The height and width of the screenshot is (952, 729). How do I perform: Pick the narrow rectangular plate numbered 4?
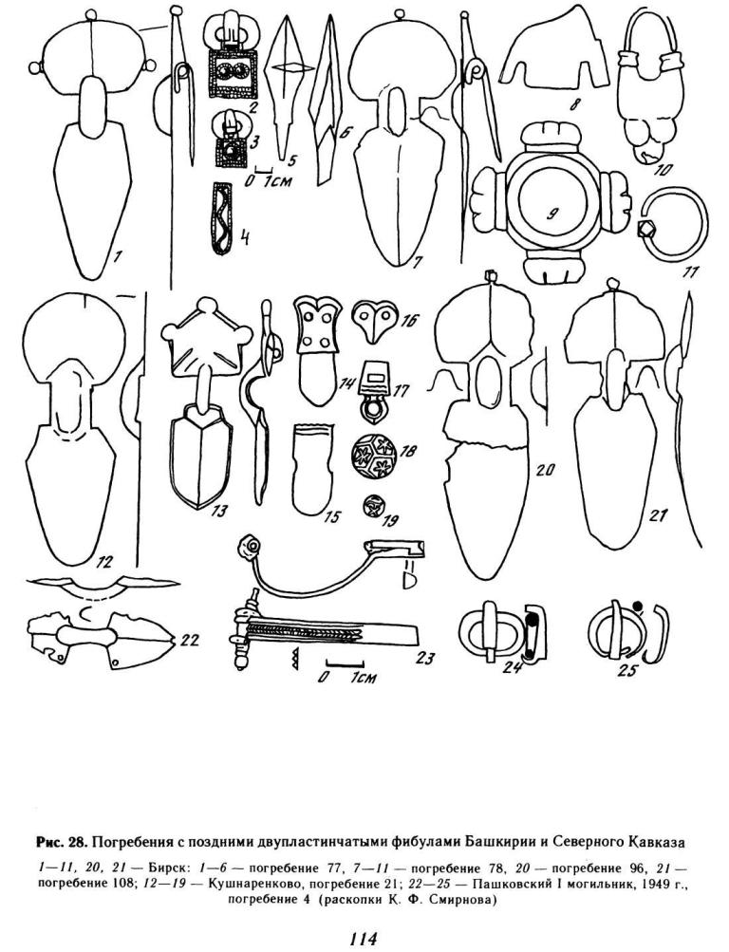coord(222,217)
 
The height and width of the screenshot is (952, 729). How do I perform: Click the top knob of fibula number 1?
coord(91,14)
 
